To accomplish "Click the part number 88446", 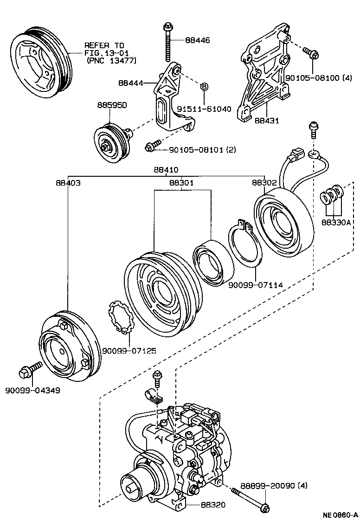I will click(197, 40).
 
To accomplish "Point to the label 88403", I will click(68, 183).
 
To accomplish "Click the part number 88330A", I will click(337, 222).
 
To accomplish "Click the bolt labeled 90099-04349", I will click(26, 373).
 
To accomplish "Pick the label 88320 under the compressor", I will click(213, 504).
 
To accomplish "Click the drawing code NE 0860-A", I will click(340, 515).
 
